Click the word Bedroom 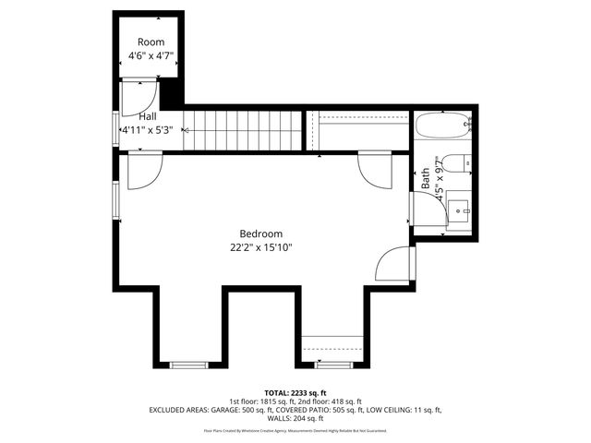tap(261, 233)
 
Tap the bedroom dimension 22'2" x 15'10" tap(261, 247)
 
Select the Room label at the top tap(151, 42)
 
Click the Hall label tap(148, 117)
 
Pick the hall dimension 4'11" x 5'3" tap(148, 130)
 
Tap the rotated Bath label tap(426, 178)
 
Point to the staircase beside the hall tap(241, 129)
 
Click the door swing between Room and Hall tap(139, 95)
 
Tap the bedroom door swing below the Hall tap(144, 172)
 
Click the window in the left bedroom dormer tap(187, 365)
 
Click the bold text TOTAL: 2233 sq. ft tap(295, 392)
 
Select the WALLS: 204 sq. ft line tap(295, 418)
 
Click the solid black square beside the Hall tap(172, 93)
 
